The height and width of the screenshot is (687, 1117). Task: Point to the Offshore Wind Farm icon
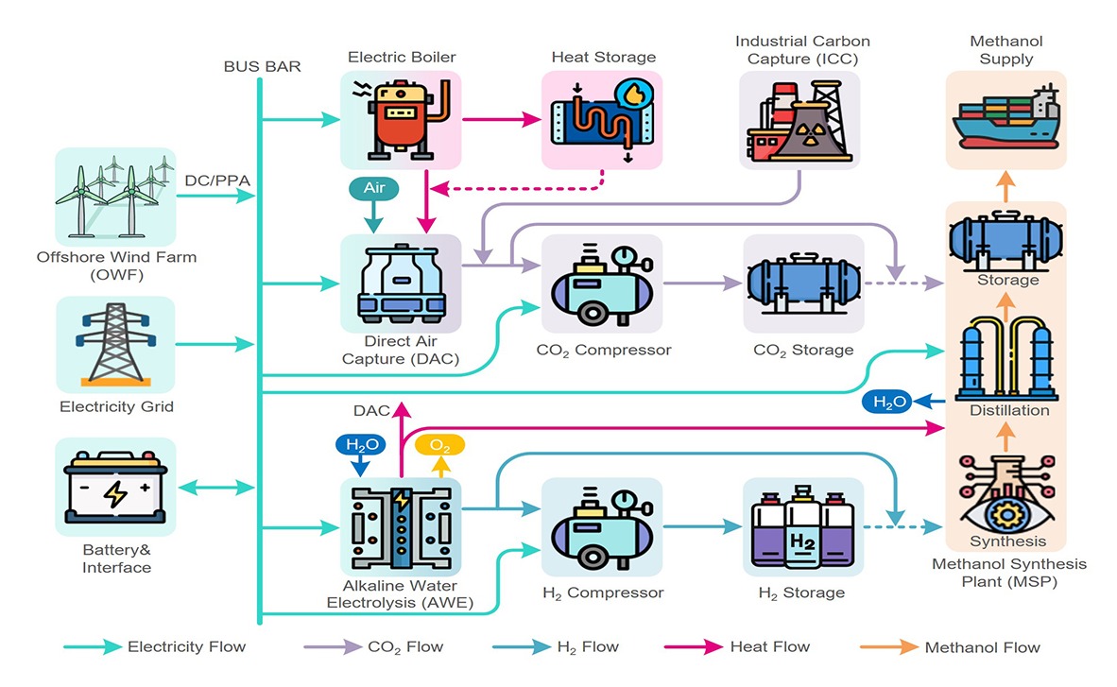click(x=116, y=197)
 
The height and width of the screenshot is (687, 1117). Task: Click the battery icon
click(x=116, y=489)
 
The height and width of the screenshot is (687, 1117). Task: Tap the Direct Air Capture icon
click(x=401, y=282)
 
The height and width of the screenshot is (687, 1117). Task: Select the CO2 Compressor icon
click(x=602, y=282)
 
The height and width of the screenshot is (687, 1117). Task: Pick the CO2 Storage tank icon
click(x=803, y=282)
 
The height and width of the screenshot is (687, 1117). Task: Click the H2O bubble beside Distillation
click(x=888, y=403)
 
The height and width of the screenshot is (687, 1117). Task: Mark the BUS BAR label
click(x=262, y=67)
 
